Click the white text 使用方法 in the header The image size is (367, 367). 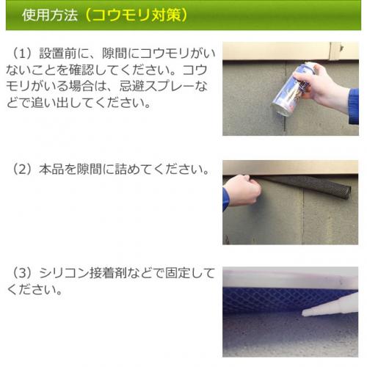point(50,15)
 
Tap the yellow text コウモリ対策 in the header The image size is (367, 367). point(137,15)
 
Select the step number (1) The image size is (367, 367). point(22,54)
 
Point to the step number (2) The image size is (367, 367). point(22,169)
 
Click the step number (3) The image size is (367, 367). point(22,273)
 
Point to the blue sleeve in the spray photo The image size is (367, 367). point(354,106)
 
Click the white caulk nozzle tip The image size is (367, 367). point(305,313)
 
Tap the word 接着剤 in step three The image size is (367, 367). point(108,273)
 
